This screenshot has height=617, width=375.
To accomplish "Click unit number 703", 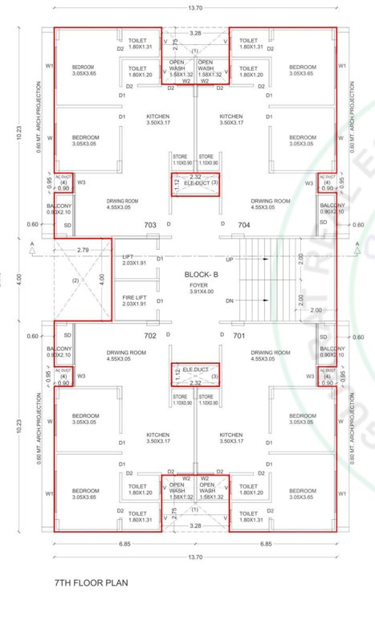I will [149, 226].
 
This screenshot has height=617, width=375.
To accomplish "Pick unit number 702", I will [149, 335].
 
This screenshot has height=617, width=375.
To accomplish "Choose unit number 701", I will [238, 335].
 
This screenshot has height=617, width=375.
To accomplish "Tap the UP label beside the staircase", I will [230, 260].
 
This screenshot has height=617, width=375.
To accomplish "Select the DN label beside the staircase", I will [230, 301].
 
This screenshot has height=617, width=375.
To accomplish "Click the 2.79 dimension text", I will [83, 251].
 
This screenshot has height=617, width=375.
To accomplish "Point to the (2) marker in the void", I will [75, 280].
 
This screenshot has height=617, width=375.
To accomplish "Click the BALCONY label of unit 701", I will [330, 351].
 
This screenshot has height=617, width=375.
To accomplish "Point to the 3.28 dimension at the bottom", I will [195, 525].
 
